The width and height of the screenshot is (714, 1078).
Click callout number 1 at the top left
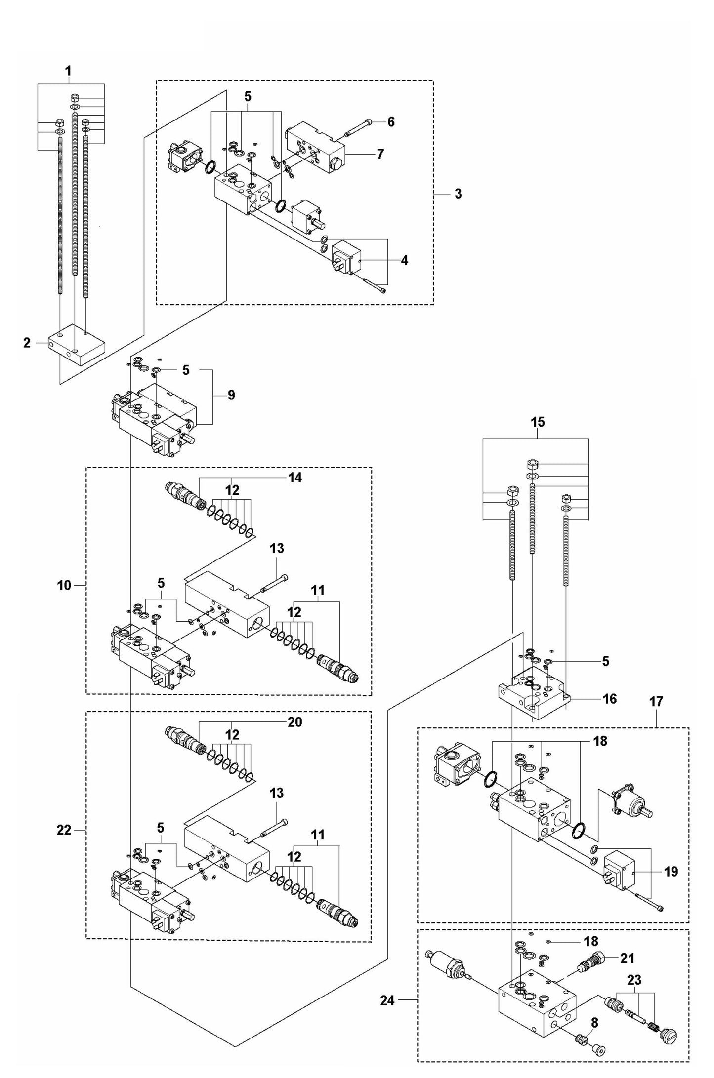pos(68,72)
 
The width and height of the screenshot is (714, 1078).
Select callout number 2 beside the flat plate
pos(27,343)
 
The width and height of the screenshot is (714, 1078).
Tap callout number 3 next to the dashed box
pos(458,194)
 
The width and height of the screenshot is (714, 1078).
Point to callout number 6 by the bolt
pos(391,122)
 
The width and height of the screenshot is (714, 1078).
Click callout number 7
pos(380,154)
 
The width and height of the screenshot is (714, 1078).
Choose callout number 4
pos(404,260)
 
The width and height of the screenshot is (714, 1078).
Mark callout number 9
pos(231,395)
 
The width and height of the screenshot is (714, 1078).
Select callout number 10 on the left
pos(64,586)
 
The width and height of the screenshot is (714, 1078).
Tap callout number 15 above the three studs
pos(538,422)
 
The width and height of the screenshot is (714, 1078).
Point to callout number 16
pos(610,699)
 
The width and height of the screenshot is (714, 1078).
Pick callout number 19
pos(671,872)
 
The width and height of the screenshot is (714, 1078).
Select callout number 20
pos(294,722)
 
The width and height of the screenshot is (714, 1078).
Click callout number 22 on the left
pos(64,831)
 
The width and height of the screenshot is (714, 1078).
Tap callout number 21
pos(627,958)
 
